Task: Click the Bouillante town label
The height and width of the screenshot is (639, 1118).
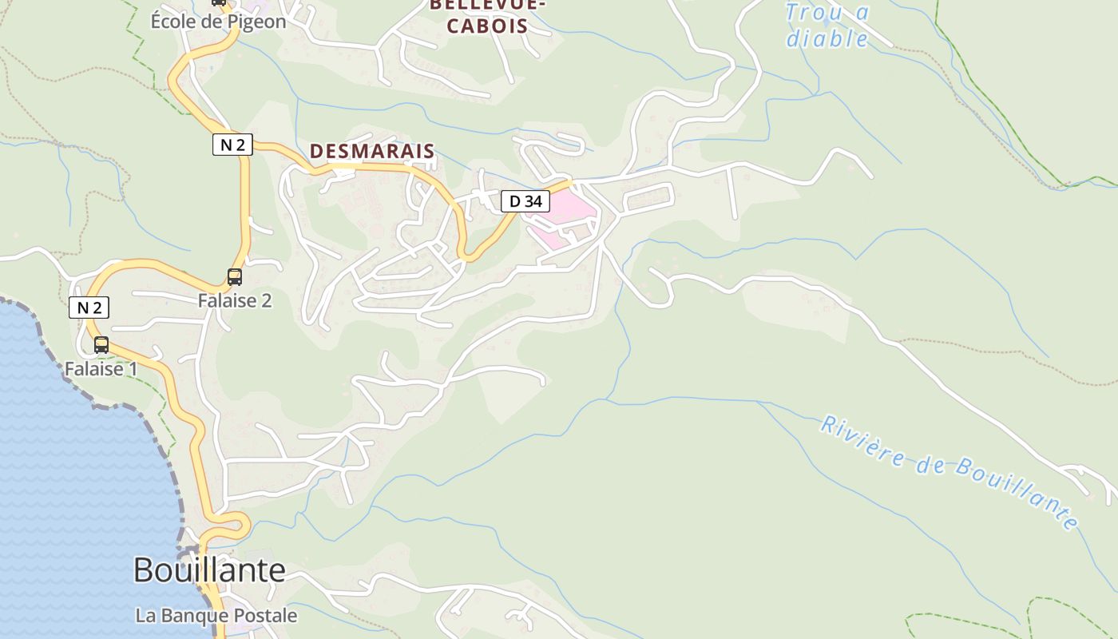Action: pos(209,570)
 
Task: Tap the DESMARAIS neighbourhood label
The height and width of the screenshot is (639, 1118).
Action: pos(372,151)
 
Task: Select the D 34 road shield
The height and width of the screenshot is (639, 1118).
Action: pos(525,201)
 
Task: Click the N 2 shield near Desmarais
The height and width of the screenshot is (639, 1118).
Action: pos(232,145)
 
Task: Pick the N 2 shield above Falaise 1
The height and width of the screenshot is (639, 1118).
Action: pos(89,308)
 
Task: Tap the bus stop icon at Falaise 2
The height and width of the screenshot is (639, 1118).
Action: pos(235,277)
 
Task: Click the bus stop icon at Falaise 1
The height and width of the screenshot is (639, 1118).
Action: pos(101,345)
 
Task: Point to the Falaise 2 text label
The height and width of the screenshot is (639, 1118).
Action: pos(235,300)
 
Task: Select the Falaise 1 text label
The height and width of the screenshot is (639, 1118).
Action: pos(101,369)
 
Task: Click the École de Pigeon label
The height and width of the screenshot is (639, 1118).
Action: pos(218,22)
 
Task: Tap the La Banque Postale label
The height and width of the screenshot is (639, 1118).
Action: pos(216,616)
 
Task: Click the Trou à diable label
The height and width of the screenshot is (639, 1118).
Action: pos(827,26)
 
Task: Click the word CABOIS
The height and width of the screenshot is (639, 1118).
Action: pos(487,26)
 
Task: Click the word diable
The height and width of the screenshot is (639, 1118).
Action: pos(827,38)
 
